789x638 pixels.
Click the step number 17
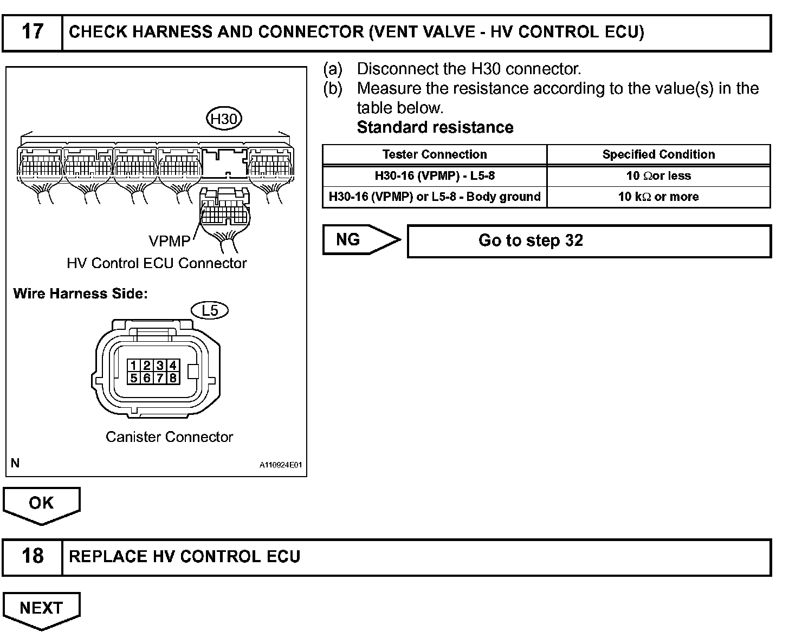[x=32, y=32]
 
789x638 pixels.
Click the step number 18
[x=32, y=556]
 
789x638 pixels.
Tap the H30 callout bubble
[x=224, y=119]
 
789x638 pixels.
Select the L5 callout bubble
[x=210, y=310]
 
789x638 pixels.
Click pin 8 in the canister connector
[x=173, y=378]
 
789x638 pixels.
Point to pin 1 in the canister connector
[x=133, y=366]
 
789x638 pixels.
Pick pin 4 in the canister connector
[x=173, y=366]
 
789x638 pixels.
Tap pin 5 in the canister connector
[x=133, y=378]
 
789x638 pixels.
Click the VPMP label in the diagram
[x=169, y=240]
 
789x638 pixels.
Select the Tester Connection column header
[x=435, y=154]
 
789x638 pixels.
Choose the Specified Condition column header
[x=658, y=154]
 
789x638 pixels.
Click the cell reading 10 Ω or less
[x=658, y=175]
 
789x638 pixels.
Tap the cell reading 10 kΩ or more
[x=658, y=197]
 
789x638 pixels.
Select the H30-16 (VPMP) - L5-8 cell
[x=435, y=175]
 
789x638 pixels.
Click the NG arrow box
[x=355, y=239]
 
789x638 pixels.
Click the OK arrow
[x=41, y=504]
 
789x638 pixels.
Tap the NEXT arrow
[x=41, y=608]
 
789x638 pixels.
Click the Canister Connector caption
[x=169, y=437]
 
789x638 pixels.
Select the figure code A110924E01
[x=280, y=465]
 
